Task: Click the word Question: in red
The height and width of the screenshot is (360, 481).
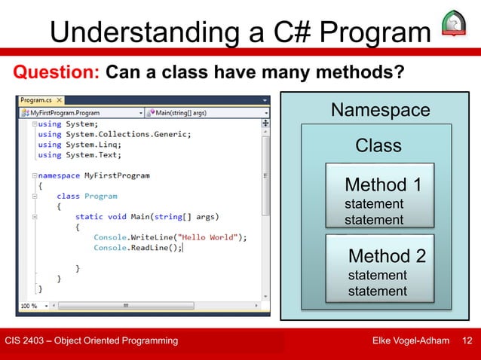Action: coord(54,73)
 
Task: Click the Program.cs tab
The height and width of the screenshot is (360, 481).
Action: coord(36,100)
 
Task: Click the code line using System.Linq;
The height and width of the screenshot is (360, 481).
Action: coord(76,145)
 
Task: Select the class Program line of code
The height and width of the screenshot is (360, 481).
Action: coord(87,196)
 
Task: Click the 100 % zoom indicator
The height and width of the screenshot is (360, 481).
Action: coord(29,307)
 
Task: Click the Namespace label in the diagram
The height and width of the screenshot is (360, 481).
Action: coord(381,111)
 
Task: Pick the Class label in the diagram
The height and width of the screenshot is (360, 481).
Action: coord(378,145)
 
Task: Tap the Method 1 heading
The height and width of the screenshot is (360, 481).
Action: coord(383,185)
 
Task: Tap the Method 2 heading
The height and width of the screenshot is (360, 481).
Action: coord(386,256)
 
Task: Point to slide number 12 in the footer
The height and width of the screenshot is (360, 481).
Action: coord(467,342)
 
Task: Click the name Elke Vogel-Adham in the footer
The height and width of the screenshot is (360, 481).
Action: coord(412,342)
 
